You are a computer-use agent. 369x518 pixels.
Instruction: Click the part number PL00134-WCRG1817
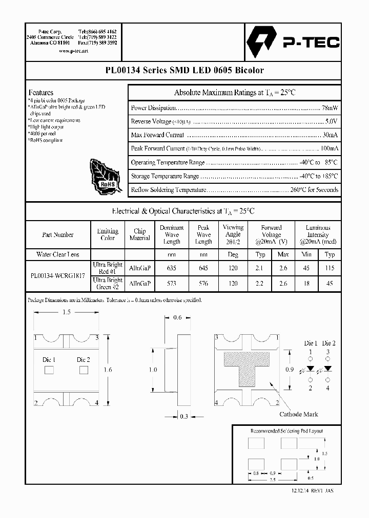click(x=58, y=275)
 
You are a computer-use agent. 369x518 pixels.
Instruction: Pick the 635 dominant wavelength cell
click(x=172, y=268)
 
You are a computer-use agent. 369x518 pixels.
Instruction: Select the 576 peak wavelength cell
click(x=203, y=283)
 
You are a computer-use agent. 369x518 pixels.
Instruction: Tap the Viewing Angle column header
click(x=233, y=234)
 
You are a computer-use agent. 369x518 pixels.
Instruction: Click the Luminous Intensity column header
click(x=318, y=234)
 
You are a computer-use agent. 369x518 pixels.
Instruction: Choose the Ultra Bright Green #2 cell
click(x=108, y=283)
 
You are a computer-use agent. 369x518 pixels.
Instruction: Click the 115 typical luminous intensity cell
click(x=330, y=268)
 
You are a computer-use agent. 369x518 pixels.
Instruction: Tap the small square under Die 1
click(x=49, y=371)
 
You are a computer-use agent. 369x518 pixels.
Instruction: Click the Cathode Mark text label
click(x=298, y=415)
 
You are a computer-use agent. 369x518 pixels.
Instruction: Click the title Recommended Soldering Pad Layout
click(x=286, y=431)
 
